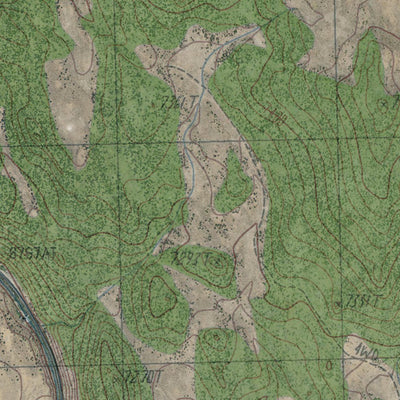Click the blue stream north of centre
click(186, 140)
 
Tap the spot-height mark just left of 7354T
click(343, 302)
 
